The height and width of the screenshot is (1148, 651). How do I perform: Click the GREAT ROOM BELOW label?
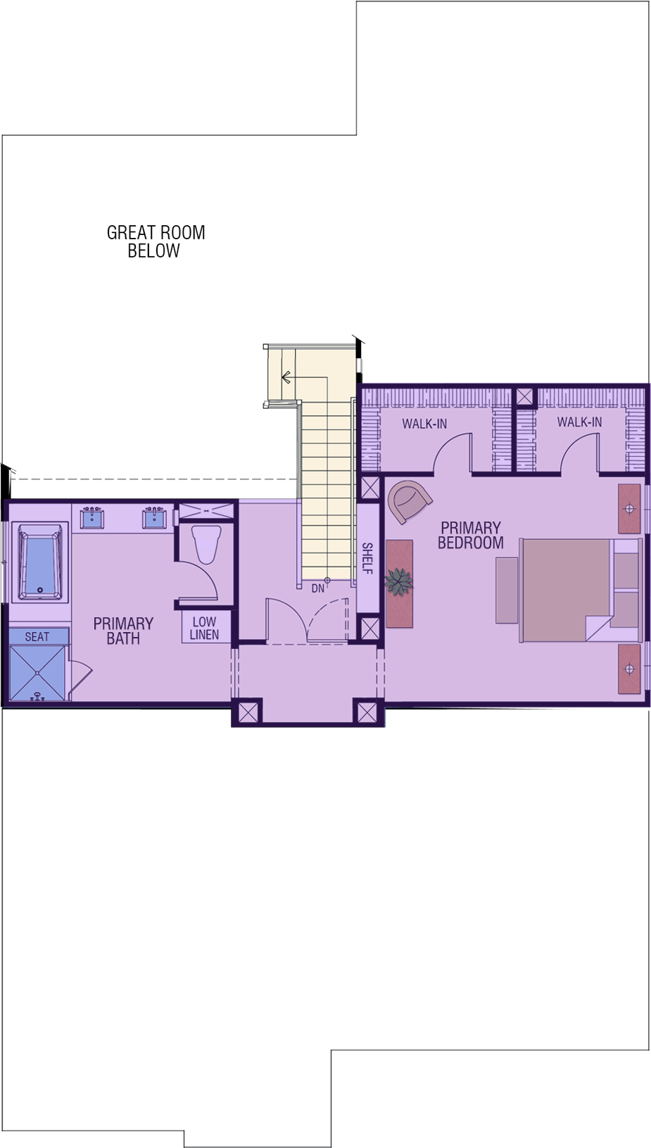(156, 241)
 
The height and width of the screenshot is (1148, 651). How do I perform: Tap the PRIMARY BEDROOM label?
(471, 535)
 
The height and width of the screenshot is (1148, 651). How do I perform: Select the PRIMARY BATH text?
(124, 631)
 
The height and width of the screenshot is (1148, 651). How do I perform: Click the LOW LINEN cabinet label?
(204, 628)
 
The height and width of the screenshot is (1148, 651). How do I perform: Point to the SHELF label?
(367, 559)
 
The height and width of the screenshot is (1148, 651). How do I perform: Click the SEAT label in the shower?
(37, 636)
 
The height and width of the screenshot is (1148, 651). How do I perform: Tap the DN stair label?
(318, 589)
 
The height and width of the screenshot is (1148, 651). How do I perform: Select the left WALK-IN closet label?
(424, 424)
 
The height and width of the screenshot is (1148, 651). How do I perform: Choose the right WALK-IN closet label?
(579, 422)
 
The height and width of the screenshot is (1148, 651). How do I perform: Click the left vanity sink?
(92, 517)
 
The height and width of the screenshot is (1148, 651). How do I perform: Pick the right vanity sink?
(154, 517)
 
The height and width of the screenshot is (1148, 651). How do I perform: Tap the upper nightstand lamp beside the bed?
(629, 508)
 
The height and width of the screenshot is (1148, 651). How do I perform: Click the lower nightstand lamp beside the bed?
(629, 669)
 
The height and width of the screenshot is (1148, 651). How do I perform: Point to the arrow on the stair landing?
(305, 378)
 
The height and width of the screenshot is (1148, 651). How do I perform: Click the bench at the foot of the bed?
(507, 591)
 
